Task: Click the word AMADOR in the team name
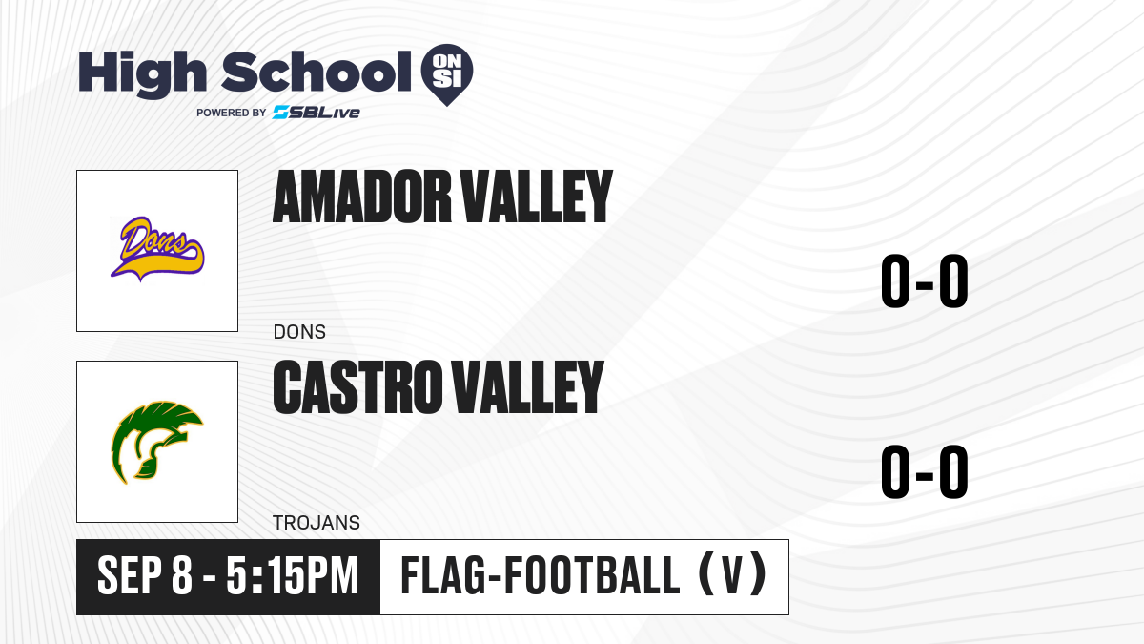pos(362,197)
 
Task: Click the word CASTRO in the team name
pos(357,386)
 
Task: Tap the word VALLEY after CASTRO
pos(527,386)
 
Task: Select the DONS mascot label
pos(299,332)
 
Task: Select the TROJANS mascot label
pos(317,523)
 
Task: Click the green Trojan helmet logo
pos(157,442)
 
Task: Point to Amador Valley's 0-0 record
pos(925,281)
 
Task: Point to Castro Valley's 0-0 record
pos(925,471)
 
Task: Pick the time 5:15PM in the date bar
pos(293,576)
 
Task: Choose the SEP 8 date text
pos(145,576)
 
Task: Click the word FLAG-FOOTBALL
pos(541,576)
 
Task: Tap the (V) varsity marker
pos(732,576)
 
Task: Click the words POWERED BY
pos(232,113)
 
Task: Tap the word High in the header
pos(142,73)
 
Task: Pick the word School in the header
pos(317,72)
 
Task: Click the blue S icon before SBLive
pos(281,113)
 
